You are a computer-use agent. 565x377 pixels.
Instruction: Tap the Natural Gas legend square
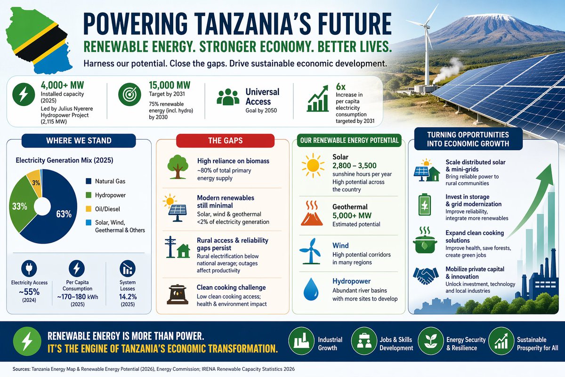pyautogui.click(x=89, y=181)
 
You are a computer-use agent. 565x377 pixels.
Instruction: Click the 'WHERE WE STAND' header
pyautogui.click(x=79, y=140)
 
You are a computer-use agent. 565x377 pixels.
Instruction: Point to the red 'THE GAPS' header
pyautogui.click(x=224, y=140)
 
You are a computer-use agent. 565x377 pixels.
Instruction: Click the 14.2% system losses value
pyautogui.click(x=128, y=296)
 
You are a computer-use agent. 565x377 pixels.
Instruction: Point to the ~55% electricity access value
pyautogui.click(x=29, y=292)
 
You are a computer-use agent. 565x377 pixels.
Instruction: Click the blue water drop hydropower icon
pyautogui.click(x=310, y=288)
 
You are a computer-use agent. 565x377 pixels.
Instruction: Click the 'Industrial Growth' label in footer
pyautogui.click(x=330, y=344)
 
